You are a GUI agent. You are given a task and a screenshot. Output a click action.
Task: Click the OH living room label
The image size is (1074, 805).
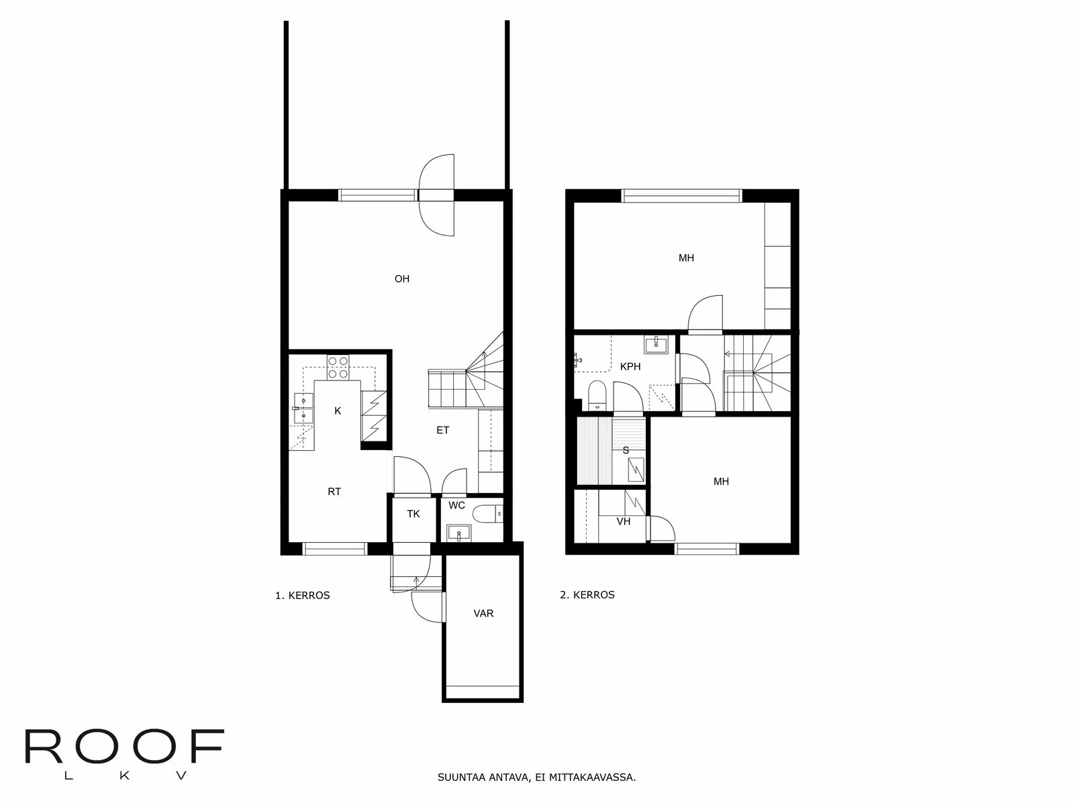[x=401, y=278]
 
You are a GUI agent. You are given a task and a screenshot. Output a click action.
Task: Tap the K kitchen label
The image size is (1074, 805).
[x=338, y=411]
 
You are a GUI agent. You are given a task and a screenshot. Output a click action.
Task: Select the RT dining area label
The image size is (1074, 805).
[x=334, y=492]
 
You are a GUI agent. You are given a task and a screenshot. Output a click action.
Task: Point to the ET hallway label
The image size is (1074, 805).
[x=443, y=430]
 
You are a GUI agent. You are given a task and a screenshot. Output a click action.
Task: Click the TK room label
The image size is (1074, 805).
[x=413, y=514]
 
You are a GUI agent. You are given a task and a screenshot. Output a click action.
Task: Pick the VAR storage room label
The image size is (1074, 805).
[x=483, y=613]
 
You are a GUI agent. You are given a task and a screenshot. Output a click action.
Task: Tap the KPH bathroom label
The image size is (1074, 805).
[x=630, y=366]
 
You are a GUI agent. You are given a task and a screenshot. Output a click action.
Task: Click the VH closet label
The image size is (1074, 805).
[x=624, y=521]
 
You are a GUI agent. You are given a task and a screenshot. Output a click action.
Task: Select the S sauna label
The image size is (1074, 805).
[x=626, y=450]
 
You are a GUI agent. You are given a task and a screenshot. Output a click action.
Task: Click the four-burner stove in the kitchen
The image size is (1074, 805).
[x=338, y=368]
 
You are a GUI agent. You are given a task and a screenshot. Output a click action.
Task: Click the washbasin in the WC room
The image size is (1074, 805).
[x=459, y=533]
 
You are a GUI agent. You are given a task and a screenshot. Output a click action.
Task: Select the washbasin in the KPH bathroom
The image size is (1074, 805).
[x=656, y=345]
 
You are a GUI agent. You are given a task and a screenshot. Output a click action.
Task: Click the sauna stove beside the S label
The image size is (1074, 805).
[x=636, y=469]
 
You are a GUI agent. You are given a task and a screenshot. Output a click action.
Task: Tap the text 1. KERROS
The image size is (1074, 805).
[x=302, y=595]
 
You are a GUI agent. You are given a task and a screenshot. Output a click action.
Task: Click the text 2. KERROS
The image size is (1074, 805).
[x=587, y=595]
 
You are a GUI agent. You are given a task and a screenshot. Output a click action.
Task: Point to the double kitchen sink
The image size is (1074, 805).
[x=303, y=408]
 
